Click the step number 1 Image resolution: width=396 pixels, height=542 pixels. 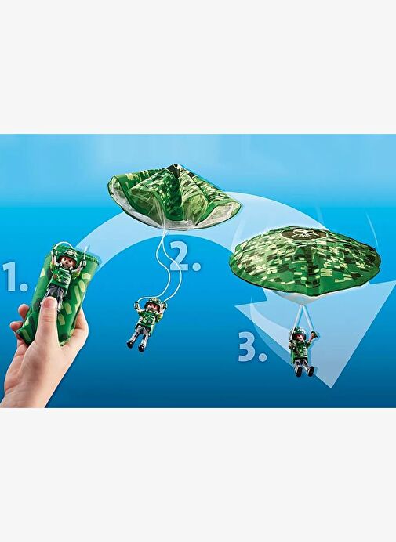[14, 276]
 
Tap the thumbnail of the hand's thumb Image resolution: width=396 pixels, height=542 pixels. [49, 304]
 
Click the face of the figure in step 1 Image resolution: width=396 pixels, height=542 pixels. [67, 262]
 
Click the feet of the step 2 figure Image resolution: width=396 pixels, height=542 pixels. [136, 346]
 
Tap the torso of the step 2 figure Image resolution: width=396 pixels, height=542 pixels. [147, 318]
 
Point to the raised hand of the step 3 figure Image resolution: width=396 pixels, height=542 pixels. [313, 334]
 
